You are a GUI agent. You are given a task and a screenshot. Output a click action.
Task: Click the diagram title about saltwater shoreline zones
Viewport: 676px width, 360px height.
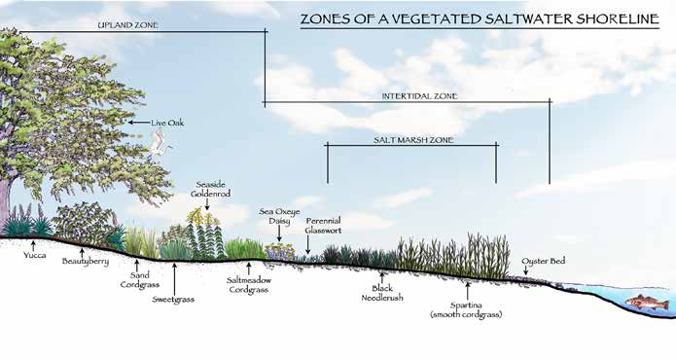pos(480,18)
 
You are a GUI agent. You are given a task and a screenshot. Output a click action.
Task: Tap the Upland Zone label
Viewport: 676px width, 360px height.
pos(128,25)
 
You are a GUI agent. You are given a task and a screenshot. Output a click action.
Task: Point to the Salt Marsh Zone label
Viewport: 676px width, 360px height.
pos(413,140)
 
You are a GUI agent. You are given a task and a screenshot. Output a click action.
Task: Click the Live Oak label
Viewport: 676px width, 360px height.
pos(167,123)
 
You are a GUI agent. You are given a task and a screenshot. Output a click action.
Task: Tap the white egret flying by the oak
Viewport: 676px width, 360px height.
pos(160,142)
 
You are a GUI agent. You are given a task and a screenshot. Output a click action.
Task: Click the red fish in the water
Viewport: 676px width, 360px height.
pos(648,303)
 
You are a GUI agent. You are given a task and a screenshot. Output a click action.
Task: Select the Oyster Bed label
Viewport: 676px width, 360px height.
pos(543,261)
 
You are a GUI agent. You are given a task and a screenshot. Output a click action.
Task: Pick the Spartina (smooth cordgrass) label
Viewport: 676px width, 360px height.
pos(466,309)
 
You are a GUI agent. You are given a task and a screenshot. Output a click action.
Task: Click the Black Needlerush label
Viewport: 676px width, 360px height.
pos(382,293)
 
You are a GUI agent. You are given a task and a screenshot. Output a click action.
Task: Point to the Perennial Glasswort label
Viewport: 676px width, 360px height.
pos(323,226)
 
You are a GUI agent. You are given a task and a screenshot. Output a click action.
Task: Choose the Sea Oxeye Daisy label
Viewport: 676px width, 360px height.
pos(279,216)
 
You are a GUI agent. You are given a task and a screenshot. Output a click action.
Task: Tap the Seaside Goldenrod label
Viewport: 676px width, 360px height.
pos(210,189)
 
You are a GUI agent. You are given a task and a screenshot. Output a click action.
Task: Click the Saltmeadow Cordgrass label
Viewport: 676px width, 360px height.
pos(249,285)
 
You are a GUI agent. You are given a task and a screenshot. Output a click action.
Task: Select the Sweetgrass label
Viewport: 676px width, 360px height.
pos(173,300)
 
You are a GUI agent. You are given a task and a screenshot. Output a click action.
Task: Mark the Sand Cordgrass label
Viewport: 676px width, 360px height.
pos(140,280)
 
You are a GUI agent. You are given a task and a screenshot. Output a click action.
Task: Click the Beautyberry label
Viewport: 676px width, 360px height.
pos(86,262)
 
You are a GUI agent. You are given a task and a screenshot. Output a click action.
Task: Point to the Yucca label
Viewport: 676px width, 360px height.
pos(34,255)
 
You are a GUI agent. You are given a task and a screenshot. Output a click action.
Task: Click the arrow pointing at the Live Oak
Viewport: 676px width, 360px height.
pos(139,123)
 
